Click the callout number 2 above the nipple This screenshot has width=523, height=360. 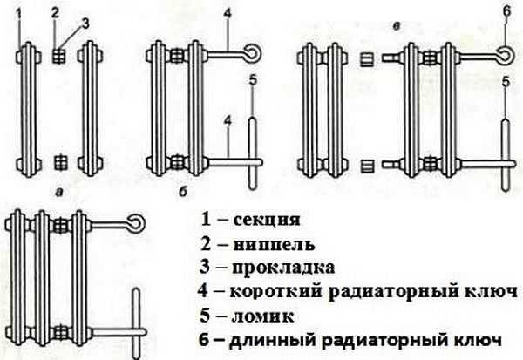tap(55, 13)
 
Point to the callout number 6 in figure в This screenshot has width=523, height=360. tap(505, 13)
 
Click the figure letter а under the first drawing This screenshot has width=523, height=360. tap(58, 187)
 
